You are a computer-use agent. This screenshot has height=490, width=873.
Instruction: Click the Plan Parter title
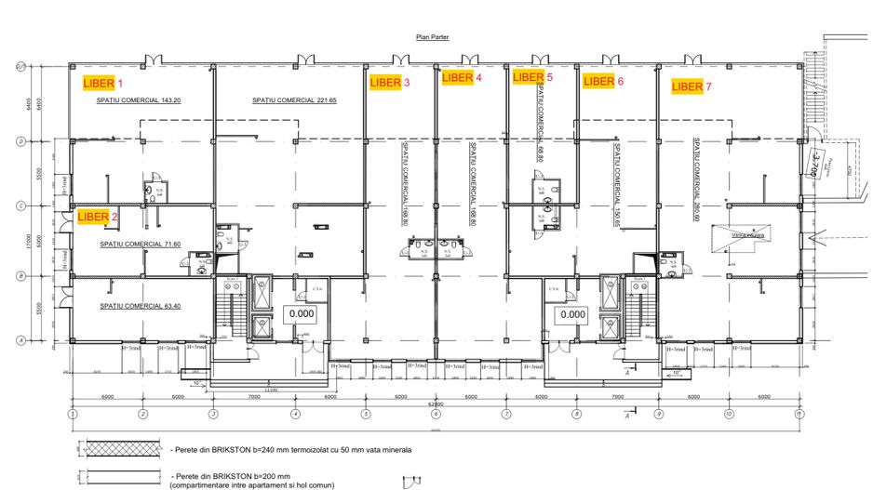point(435,39)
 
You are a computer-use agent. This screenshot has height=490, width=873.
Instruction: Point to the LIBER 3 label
point(390,83)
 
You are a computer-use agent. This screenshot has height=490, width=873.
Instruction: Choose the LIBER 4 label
point(462,78)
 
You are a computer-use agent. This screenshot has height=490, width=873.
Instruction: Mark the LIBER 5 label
point(532,77)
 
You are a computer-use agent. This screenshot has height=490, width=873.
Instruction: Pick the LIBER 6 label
point(603,82)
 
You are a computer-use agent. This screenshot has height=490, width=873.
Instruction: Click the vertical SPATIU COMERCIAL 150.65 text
point(616,182)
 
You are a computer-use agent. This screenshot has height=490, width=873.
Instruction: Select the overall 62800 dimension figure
point(436,405)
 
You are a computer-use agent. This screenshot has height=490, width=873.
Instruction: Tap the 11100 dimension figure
point(271,391)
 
